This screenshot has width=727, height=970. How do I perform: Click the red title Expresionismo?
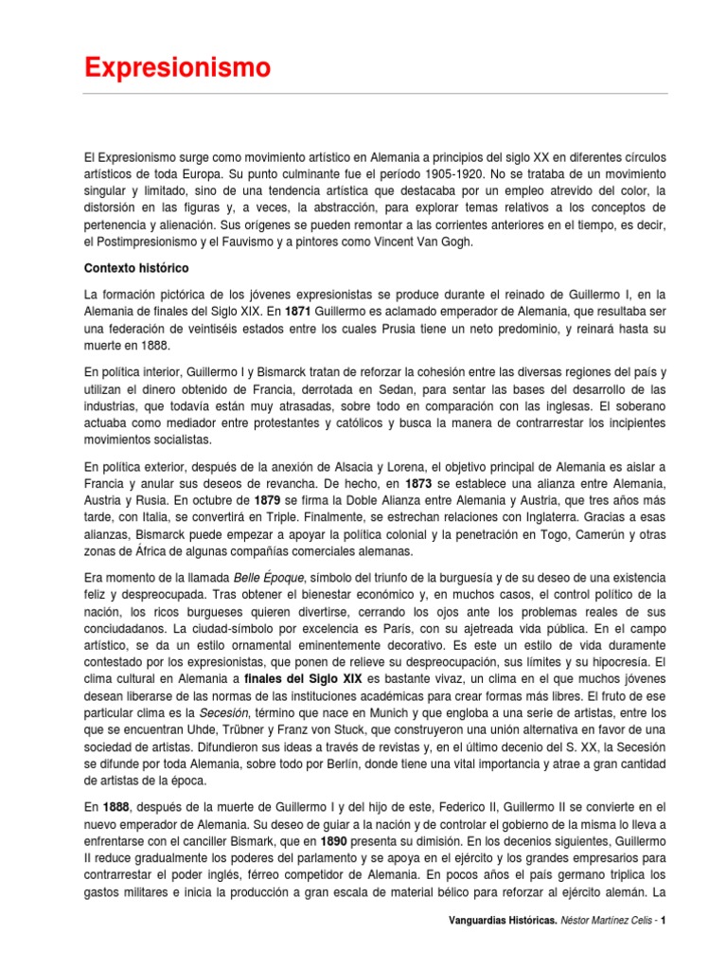[x=177, y=68]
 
